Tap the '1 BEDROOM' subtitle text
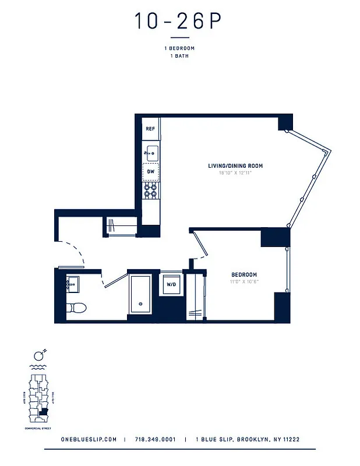(x=179, y=48)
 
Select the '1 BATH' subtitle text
(x=179, y=56)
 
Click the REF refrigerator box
(x=150, y=129)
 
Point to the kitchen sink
(x=151, y=153)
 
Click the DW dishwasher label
(x=151, y=172)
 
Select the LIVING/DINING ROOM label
(x=235, y=166)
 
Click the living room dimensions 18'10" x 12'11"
(x=235, y=174)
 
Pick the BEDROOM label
(x=244, y=274)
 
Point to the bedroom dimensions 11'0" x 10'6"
(x=244, y=281)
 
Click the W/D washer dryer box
(x=172, y=285)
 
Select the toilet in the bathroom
(x=76, y=306)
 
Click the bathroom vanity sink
(x=72, y=285)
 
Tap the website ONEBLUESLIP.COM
(x=89, y=440)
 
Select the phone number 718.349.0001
(x=155, y=440)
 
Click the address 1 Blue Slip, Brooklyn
(x=248, y=440)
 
